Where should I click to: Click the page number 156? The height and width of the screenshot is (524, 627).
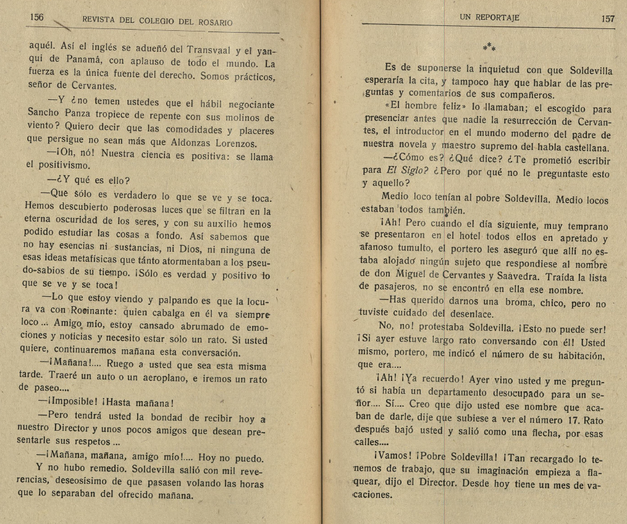click(36, 18)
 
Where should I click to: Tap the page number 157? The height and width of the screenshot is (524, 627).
click(608, 19)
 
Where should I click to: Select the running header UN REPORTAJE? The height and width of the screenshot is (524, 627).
click(489, 18)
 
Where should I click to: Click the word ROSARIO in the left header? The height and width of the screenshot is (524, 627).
click(212, 22)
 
